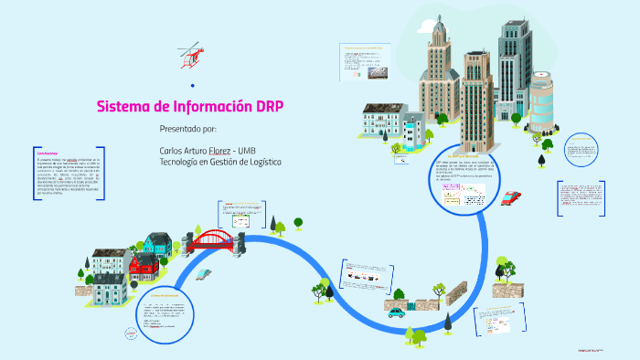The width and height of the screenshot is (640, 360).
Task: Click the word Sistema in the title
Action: click(125, 106)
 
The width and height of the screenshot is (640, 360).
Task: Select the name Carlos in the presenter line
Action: click(172, 150)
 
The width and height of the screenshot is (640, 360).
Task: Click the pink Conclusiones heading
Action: click(48, 152)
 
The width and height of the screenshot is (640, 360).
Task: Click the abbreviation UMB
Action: click(246, 150)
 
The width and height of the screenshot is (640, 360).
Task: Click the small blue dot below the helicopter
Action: click(192, 85)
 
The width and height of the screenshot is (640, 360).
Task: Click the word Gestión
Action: click(225, 162)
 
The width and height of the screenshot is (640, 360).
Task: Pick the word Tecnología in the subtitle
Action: click(179, 162)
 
